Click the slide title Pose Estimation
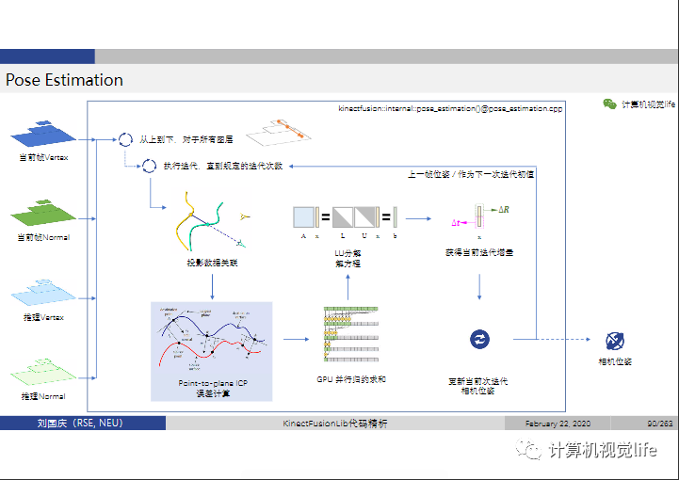64,80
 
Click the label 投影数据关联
212,264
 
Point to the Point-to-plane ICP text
211,384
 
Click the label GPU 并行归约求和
351,378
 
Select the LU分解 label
348,253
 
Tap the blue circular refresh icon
479,340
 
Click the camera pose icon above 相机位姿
615,341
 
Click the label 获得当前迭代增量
479,252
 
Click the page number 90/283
659,424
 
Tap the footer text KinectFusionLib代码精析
334,424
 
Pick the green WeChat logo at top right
609,104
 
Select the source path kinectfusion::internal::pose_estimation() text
450,109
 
